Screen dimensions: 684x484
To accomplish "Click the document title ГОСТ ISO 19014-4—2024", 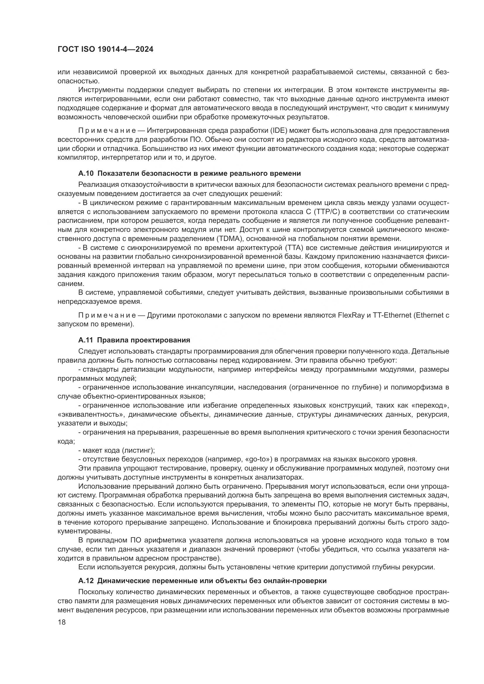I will tap(105, 49).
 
